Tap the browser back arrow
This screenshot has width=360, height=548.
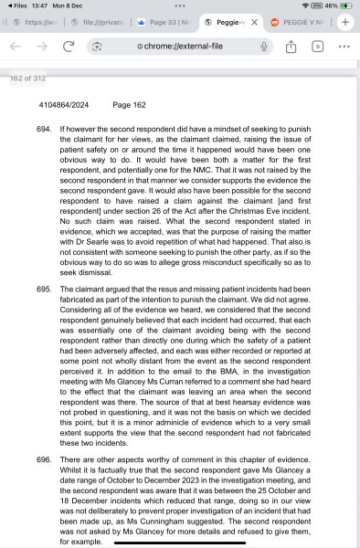pos(16,45)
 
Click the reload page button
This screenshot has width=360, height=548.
pos(69,45)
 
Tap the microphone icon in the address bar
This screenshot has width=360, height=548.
pos(263,45)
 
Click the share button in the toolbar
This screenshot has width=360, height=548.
pos(291,45)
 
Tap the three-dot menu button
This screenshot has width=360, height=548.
pos(344,45)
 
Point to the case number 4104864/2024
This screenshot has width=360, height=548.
pos(40,105)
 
